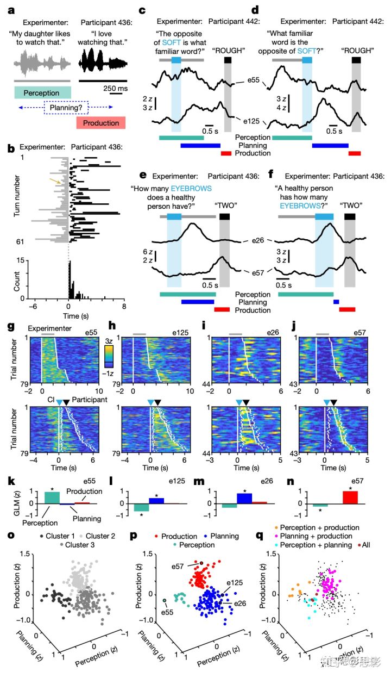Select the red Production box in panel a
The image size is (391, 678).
(101, 123)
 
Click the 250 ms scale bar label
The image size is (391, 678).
(115, 88)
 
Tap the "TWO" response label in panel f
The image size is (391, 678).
(351, 206)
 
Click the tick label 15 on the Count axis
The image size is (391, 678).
(20, 261)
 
